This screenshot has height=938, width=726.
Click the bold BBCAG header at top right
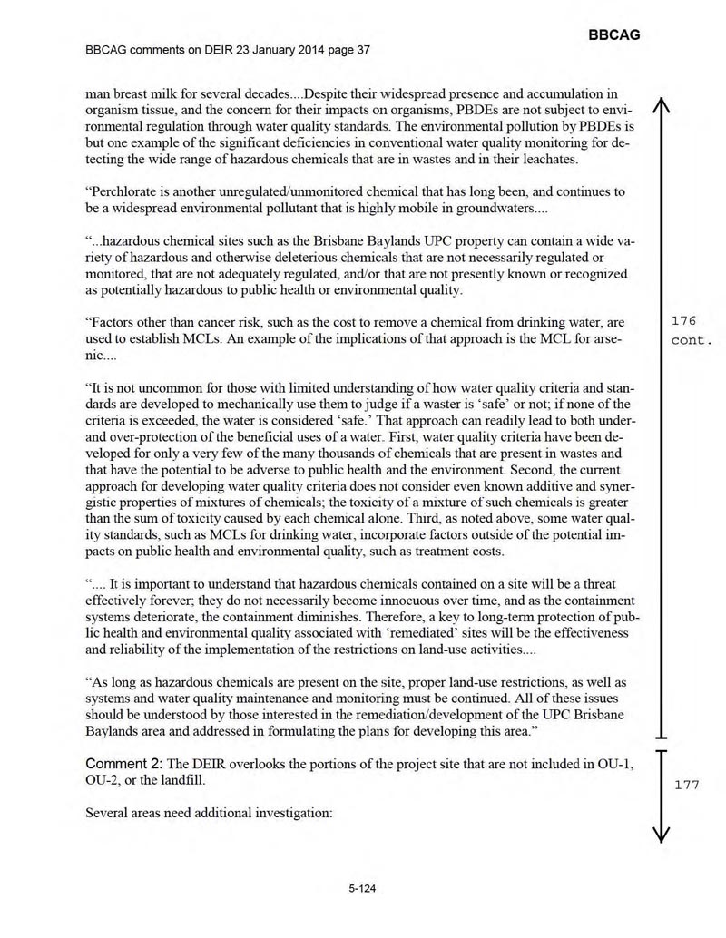tap(613, 34)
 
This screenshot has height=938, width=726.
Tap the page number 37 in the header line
tap(363, 48)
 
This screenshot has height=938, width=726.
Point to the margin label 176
tap(682, 320)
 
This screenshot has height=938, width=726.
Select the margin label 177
tap(686, 786)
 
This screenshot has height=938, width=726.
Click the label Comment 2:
tap(123, 766)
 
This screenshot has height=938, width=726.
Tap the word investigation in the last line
tap(292, 812)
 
